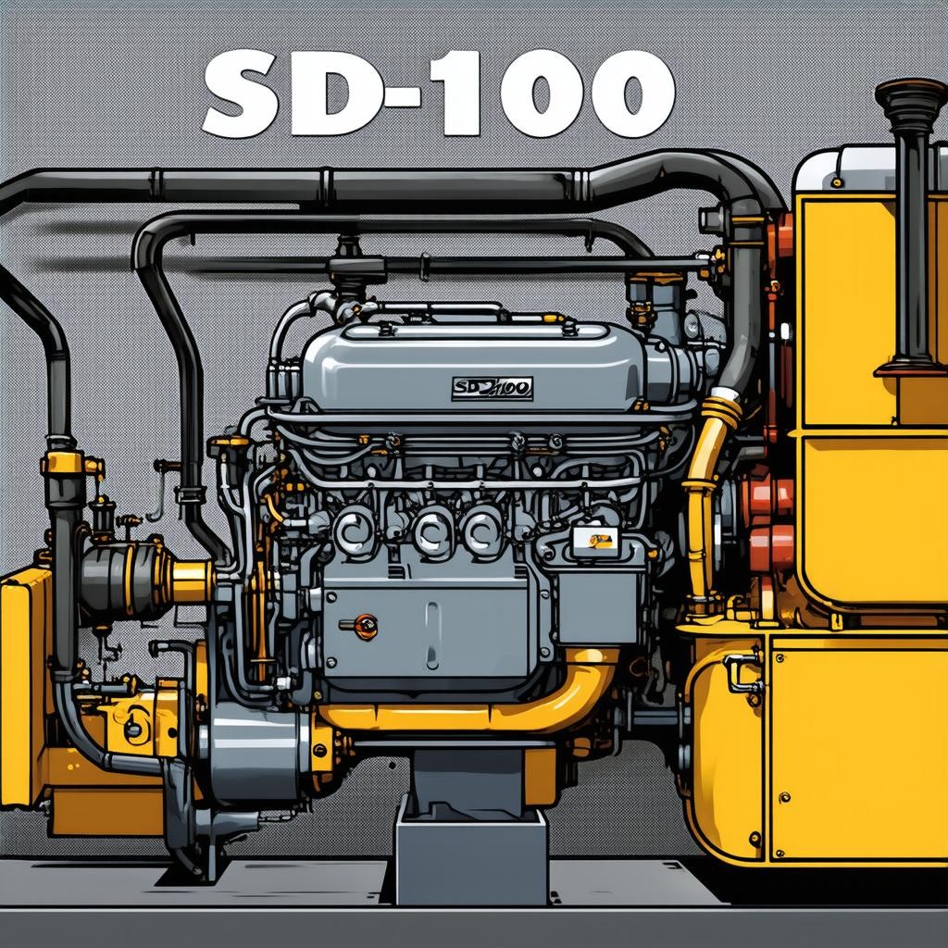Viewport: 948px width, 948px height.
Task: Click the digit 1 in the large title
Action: tap(457, 94)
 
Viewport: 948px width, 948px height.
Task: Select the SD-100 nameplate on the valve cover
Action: tap(493, 389)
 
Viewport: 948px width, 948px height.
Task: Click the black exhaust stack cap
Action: tap(911, 99)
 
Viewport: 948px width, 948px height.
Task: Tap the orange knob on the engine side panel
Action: tap(365, 627)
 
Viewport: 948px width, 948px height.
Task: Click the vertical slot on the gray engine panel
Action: tap(431, 635)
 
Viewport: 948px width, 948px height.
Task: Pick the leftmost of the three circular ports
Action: tap(354, 530)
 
